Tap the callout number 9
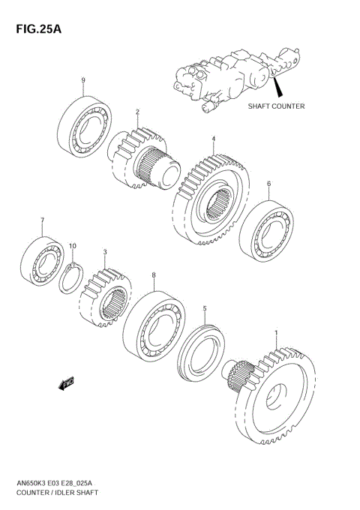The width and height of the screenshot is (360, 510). coord(83,81)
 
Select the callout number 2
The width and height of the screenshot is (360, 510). coord(138,112)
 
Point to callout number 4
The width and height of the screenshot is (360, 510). coord(213,139)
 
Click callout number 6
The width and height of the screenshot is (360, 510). coord(268,184)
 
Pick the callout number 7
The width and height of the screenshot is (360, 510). coord(43,220)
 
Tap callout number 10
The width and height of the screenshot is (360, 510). coord(73,246)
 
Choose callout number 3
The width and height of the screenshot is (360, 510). coord(106,252)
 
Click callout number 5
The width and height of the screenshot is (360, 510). coord(204,308)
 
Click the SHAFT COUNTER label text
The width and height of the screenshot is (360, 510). coord(276,106)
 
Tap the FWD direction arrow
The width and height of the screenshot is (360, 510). coord(65,382)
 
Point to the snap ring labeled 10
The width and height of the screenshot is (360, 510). coord(72,277)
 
